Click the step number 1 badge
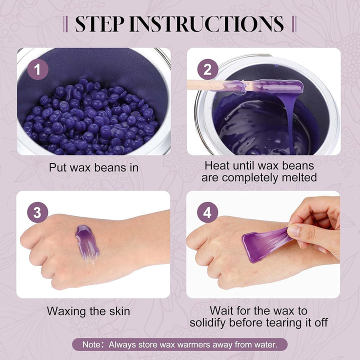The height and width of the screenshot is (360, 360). (x=38, y=69)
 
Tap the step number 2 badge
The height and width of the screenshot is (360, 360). (x=207, y=69)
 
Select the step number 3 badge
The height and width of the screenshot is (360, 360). (x=37, y=212)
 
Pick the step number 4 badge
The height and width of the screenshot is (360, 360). (x=207, y=212)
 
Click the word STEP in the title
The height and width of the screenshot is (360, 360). (x=100, y=24)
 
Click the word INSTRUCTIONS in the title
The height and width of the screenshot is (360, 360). (x=206, y=24)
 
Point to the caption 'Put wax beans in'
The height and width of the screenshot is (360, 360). (x=93, y=167)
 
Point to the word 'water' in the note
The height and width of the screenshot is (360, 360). (x=265, y=344)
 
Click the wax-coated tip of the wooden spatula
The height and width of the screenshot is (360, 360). (x=278, y=86)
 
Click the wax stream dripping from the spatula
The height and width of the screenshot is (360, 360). (x=289, y=121)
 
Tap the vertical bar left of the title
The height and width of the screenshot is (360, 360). (x=65, y=24)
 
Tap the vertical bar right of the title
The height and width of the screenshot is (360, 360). (x=294, y=24)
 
